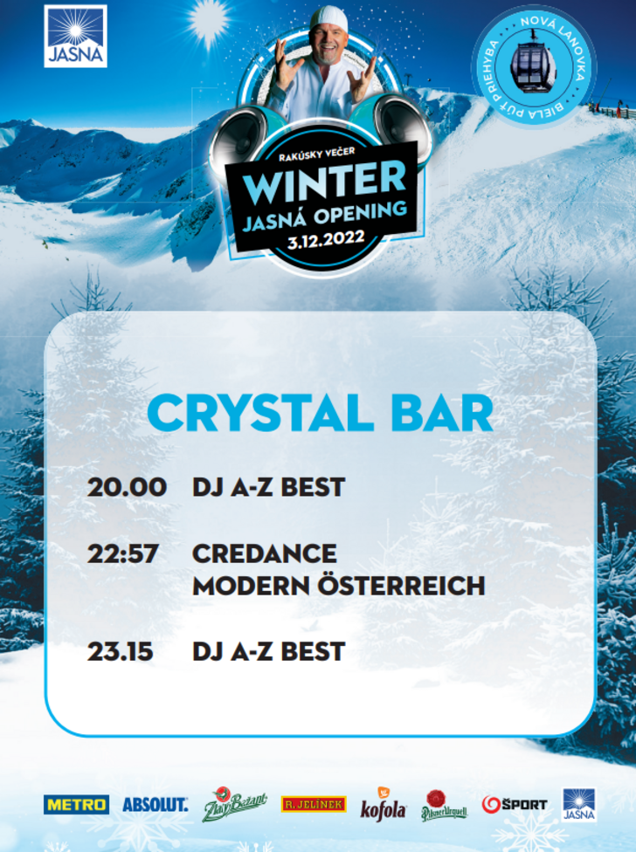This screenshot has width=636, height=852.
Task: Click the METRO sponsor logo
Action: click(x=76, y=805)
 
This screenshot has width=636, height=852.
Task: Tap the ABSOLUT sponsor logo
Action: click(x=156, y=805)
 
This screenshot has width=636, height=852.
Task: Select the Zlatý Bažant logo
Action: click(x=235, y=804)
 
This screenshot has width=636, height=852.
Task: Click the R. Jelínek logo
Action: click(x=314, y=804)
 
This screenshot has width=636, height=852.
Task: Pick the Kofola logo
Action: click(x=384, y=805)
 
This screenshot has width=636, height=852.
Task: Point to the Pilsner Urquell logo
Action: click(x=444, y=806)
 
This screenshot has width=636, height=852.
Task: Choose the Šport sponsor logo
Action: click(x=515, y=805)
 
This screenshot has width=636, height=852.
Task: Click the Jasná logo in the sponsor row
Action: click(x=579, y=805)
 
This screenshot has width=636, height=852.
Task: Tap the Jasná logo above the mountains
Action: click(x=75, y=37)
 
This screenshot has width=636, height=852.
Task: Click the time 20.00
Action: click(x=127, y=487)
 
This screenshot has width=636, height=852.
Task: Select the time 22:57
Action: click(x=123, y=554)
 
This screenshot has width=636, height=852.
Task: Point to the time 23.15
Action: click(x=121, y=651)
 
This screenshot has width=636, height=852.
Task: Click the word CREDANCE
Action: click(x=265, y=554)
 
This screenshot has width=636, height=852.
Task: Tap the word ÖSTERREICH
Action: click(x=401, y=584)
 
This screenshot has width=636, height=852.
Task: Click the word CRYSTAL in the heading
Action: click(x=259, y=413)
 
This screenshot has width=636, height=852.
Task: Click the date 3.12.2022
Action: click(x=326, y=239)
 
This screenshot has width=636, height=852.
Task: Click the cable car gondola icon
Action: click(x=533, y=64)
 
